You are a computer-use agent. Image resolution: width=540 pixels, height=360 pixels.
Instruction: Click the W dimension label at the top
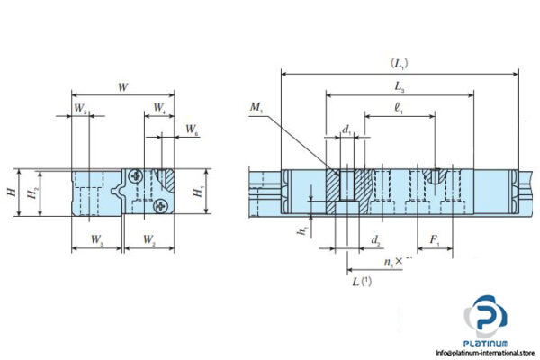[x=121, y=87]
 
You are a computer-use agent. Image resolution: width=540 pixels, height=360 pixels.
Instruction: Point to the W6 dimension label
[x=192, y=131]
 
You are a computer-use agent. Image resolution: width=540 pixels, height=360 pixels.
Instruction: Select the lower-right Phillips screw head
[x=161, y=206]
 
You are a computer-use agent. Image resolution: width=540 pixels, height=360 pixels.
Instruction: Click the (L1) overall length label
[x=398, y=64]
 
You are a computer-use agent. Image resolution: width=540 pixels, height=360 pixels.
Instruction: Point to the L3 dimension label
[x=398, y=86]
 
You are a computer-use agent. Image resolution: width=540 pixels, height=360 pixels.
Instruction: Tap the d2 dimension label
[x=376, y=240]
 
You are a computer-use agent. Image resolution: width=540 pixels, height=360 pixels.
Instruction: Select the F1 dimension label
[x=435, y=240]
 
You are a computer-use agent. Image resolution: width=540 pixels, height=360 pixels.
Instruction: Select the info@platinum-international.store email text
[x=483, y=351]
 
